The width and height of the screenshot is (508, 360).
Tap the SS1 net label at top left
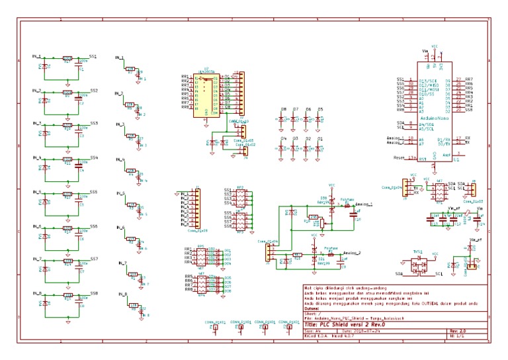click(94, 57)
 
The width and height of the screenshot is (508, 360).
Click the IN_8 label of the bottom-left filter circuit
click(37, 293)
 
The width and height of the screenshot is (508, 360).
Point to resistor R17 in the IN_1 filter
click(67, 59)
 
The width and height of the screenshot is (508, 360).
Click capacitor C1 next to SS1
click(80, 67)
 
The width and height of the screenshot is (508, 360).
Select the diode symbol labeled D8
click(282, 119)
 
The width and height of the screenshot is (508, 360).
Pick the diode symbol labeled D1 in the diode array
click(319, 149)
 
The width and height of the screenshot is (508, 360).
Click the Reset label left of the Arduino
click(399, 158)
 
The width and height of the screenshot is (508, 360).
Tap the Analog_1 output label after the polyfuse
click(364, 205)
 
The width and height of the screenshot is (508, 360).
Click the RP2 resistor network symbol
click(240, 199)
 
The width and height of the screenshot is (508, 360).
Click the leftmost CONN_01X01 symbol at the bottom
click(214, 328)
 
